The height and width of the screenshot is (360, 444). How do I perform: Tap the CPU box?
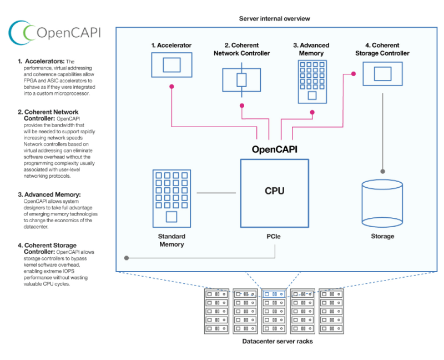274,192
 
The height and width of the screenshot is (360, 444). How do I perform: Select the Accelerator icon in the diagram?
171,65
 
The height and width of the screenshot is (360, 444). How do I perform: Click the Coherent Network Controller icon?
241,79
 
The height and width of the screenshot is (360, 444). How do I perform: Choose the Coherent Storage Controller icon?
382,73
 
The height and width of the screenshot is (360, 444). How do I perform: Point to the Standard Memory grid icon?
171,198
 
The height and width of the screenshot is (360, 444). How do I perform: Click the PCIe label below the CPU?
275,237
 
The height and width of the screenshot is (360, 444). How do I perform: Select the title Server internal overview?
274,18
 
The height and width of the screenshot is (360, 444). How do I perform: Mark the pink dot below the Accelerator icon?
171,87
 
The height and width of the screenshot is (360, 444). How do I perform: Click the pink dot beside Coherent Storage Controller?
352,73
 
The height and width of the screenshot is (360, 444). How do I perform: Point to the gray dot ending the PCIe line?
127,258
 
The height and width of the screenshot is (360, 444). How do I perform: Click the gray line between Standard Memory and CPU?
216,193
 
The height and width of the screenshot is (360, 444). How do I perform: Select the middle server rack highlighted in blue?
274,311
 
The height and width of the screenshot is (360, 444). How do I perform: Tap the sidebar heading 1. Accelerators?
41,61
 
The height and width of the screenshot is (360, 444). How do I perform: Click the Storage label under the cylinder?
382,237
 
